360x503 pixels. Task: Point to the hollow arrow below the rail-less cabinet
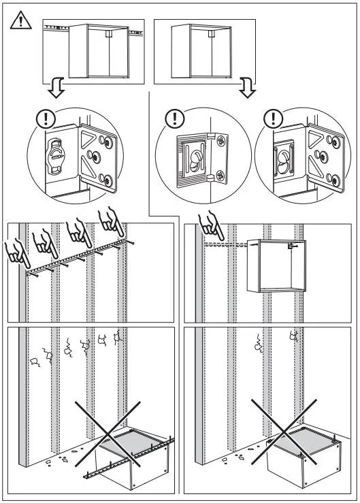pyautogui.click(x=248, y=89)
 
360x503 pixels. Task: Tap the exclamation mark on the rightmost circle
pyautogui.click(x=274, y=118)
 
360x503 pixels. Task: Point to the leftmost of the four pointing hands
pyautogui.click(x=17, y=254)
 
